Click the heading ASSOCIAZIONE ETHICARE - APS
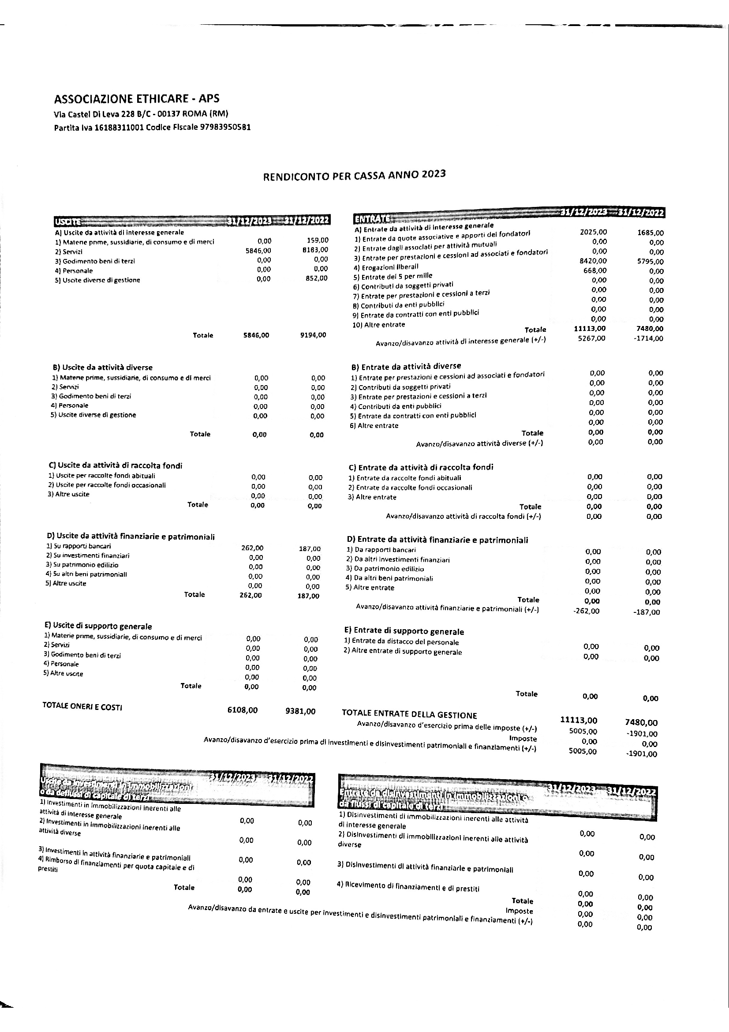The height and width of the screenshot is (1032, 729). (137, 99)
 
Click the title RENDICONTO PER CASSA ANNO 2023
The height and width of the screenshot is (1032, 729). (355, 175)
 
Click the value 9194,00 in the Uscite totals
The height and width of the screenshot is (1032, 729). (313, 335)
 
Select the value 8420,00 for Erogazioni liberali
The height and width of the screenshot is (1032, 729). (593, 261)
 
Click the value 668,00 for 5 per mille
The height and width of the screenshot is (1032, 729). (594, 270)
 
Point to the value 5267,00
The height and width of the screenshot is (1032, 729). (591, 338)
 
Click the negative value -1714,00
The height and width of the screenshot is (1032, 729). (648, 338)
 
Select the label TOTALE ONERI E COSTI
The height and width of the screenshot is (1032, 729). (82, 706)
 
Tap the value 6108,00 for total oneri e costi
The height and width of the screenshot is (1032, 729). (243, 710)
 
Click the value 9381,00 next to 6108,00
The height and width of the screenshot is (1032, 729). (300, 711)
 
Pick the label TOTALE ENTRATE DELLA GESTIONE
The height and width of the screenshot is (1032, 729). (409, 714)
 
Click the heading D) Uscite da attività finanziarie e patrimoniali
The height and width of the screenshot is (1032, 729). (131, 537)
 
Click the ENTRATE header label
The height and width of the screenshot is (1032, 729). (371, 219)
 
